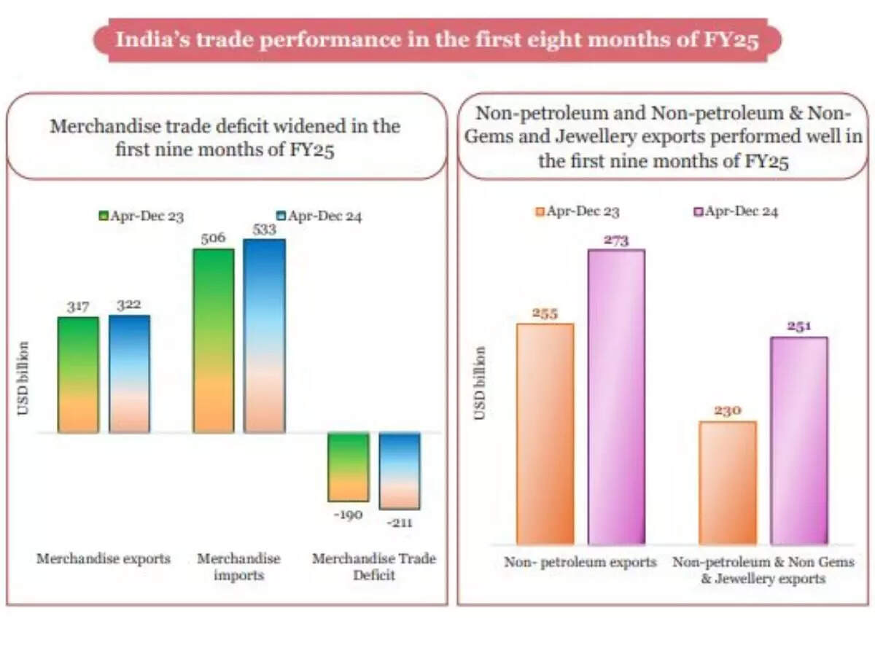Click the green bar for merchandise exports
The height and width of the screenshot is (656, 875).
[x=78, y=375]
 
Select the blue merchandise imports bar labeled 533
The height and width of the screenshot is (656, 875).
[x=264, y=336]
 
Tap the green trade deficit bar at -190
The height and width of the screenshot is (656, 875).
[x=349, y=466]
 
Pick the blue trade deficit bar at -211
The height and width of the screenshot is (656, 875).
[x=400, y=471]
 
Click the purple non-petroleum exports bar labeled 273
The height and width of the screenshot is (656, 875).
[x=616, y=397]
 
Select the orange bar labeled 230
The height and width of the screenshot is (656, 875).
[x=727, y=483]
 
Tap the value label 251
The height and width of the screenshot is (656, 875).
[x=799, y=327]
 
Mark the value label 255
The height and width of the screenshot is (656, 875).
[x=545, y=313]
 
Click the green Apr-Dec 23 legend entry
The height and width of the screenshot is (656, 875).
[x=141, y=216]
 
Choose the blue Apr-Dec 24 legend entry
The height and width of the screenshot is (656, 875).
[x=319, y=216]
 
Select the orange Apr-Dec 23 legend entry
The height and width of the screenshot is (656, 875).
[x=577, y=212]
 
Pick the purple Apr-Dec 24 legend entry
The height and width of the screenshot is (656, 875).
[x=735, y=212]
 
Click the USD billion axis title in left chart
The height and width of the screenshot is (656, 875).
[x=23, y=378]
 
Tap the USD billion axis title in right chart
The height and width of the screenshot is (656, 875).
[x=480, y=383]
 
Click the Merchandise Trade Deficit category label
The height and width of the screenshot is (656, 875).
[x=373, y=566]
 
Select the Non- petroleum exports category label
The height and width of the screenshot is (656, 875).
[x=580, y=562]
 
